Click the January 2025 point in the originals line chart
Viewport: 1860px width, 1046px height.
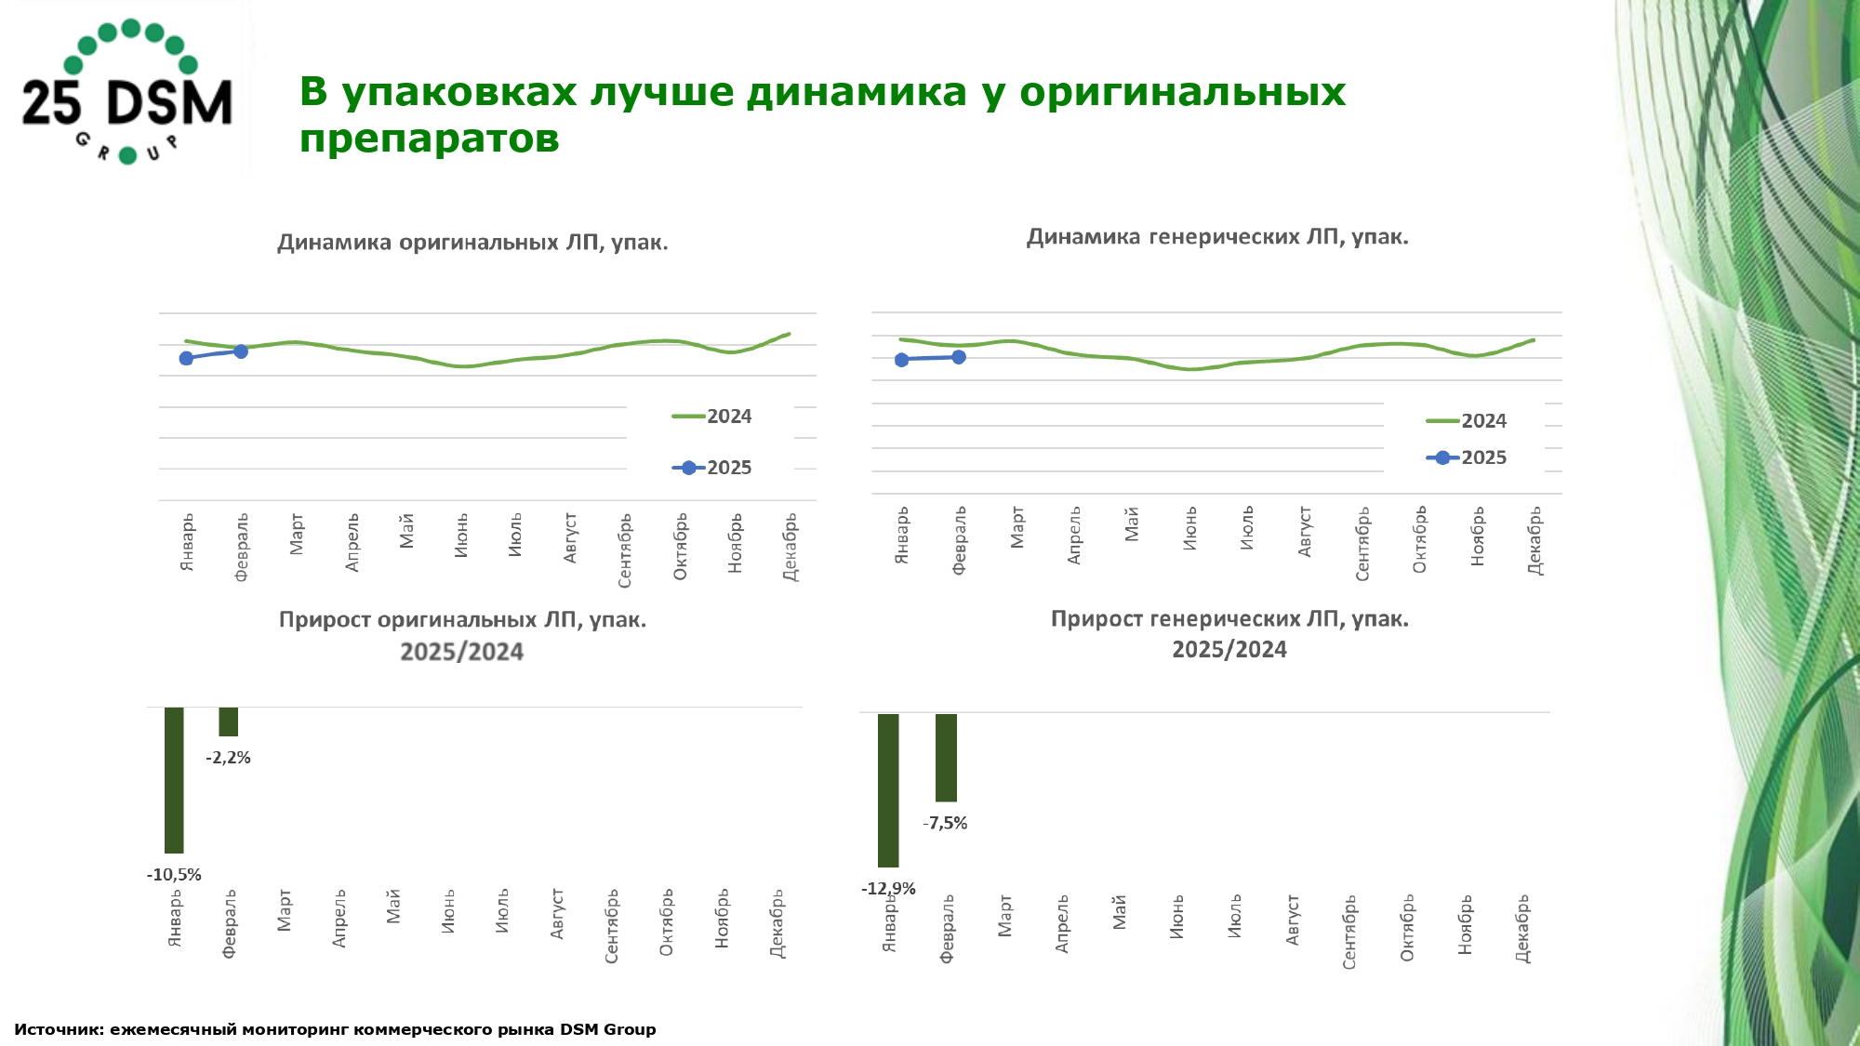(x=186, y=358)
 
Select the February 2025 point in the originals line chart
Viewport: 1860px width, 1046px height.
(x=241, y=351)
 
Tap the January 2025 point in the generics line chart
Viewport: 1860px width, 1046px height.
(x=901, y=360)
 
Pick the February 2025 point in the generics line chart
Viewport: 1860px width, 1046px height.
(x=959, y=357)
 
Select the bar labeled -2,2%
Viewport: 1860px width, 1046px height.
(x=229, y=722)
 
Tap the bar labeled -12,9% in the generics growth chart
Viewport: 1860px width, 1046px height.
(x=888, y=789)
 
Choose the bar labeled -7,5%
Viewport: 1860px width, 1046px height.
(x=946, y=757)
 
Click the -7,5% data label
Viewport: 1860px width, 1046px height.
(x=946, y=823)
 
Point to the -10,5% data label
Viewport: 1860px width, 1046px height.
(x=174, y=875)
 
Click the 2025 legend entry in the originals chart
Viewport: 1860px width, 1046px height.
(x=712, y=468)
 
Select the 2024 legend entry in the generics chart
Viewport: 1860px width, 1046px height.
(x=1467, y=421)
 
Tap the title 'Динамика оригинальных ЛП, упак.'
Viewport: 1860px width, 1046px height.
(x=472, y=243)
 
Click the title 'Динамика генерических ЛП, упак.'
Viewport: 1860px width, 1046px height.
(x=1217, y=237)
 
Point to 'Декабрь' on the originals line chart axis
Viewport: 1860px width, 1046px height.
(x=790, y=547)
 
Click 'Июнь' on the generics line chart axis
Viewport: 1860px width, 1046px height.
(x=1189, y=528)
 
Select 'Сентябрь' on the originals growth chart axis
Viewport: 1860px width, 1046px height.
(x=612, y=926)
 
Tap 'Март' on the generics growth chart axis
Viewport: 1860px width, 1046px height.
(x=1004, y=916)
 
